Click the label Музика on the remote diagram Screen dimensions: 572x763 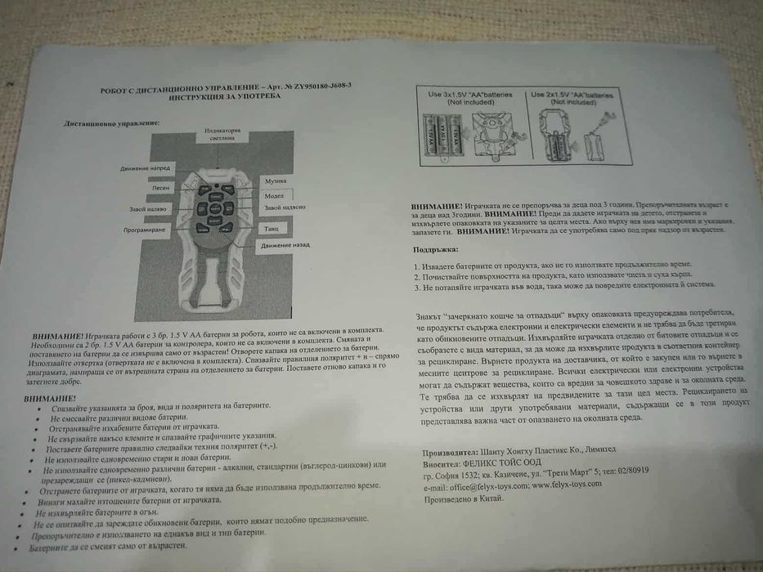[274, 180]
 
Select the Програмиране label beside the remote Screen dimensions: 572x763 [147, 230]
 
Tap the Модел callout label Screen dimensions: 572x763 [274, 197]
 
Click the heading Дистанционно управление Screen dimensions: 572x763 [111, 123]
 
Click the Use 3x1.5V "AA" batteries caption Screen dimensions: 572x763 [471, 98]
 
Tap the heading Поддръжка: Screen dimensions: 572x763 [436, 248]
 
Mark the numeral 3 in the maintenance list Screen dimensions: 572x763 [416, 288]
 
